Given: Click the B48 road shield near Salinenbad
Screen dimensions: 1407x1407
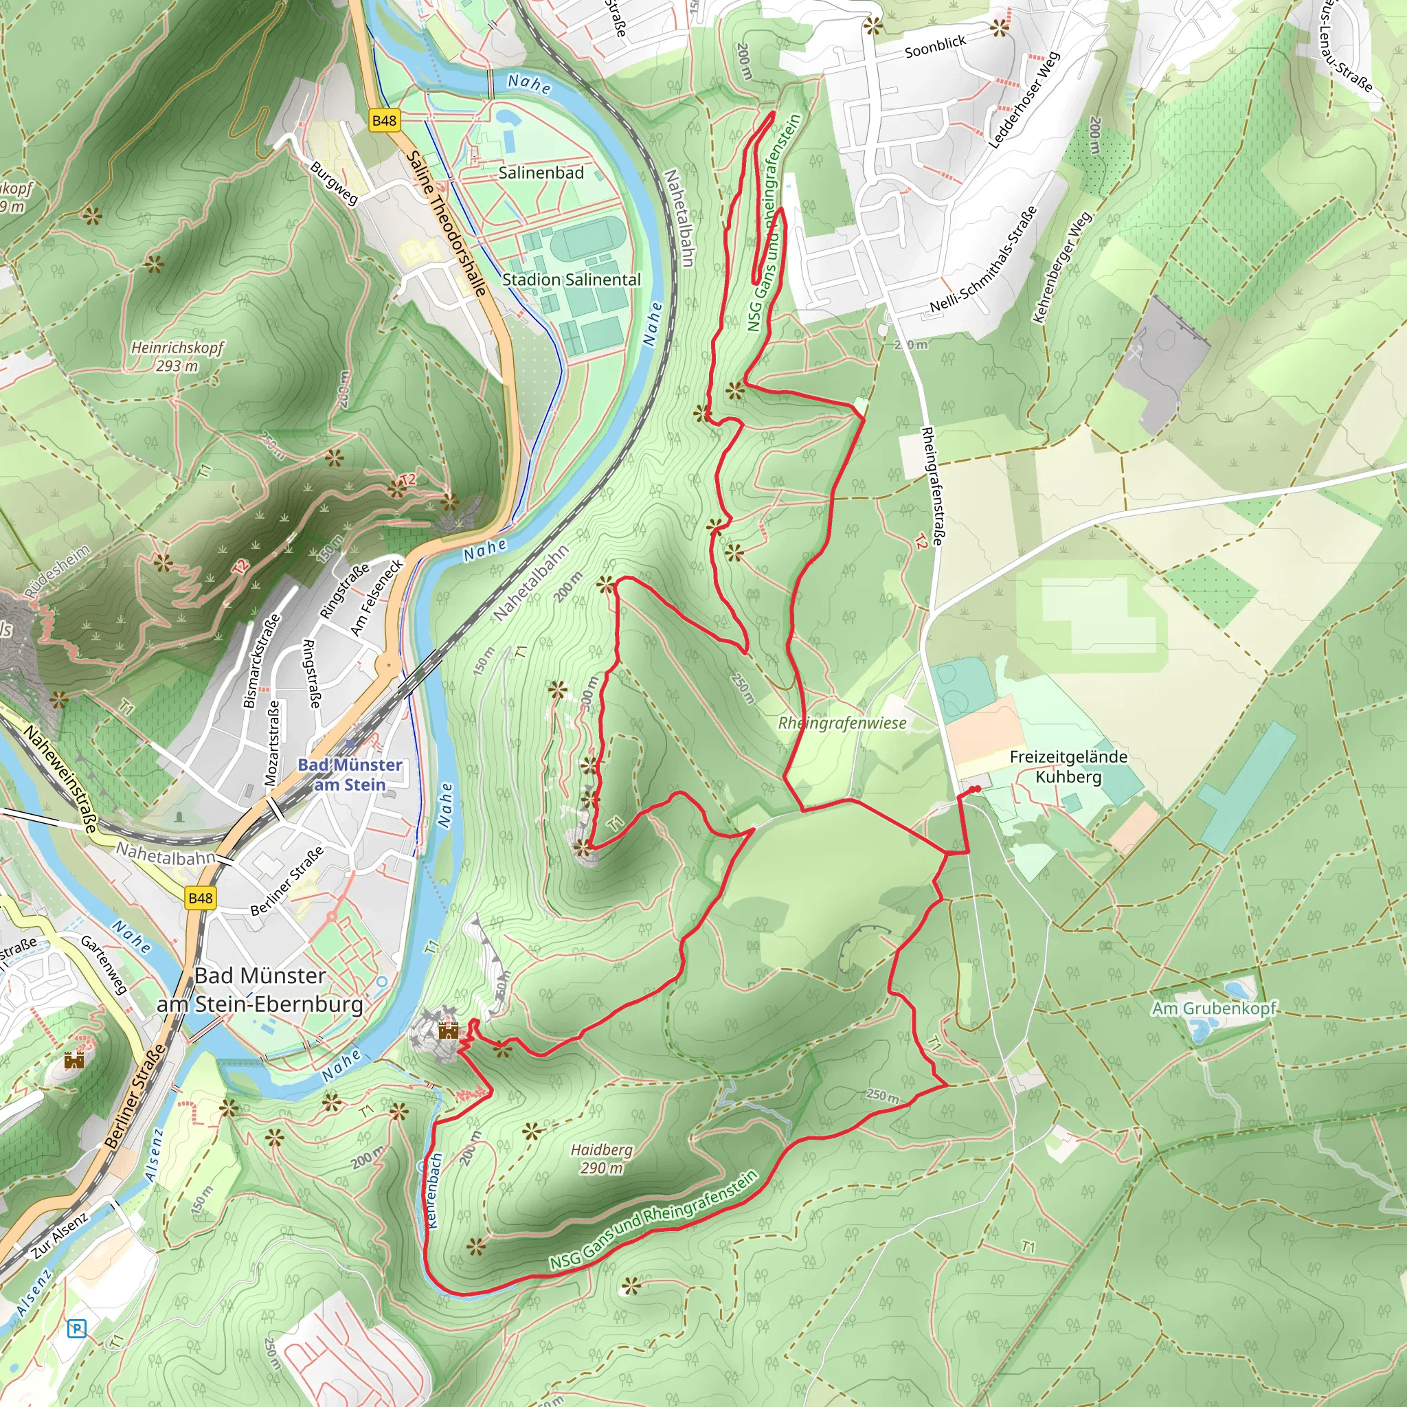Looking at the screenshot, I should (384, 120).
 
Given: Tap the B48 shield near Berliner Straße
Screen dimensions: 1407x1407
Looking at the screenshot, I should (201, 898).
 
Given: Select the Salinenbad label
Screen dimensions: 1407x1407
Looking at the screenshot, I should (541, 172).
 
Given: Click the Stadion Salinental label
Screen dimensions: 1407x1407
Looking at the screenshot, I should (572, 280).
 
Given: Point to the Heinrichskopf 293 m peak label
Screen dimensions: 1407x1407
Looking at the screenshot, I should (177, 356).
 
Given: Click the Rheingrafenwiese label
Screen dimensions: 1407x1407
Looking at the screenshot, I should (842, 723).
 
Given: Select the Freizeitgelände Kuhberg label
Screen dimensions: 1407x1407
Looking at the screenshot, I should (1068, 767).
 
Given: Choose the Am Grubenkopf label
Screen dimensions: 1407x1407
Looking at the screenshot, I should (1214, 1009).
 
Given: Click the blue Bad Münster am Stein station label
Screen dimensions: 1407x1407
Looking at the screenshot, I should (350, 775).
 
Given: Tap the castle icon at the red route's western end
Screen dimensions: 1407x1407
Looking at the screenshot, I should (448, 1030).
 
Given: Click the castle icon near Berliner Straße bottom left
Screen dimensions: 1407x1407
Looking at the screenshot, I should (74, 1061).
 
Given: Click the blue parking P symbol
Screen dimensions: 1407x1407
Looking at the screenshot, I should (76, 1329).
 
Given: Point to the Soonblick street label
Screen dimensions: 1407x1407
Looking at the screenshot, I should (935, 47).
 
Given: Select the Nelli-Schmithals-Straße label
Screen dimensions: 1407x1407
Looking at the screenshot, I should (983, 260).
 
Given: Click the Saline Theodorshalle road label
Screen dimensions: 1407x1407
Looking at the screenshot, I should (445, 223).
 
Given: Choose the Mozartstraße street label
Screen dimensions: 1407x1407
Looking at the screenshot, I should (271, 743).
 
